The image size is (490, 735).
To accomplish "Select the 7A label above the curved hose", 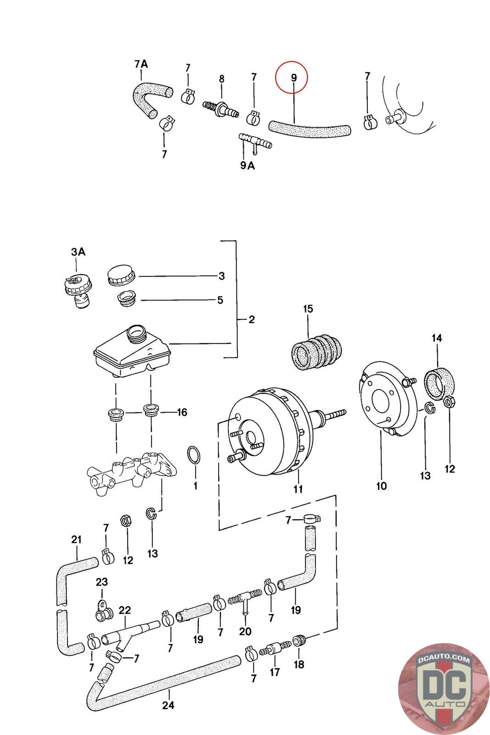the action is pyautogui.click(x=141, y=64).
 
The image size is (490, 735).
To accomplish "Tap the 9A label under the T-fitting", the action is pyautogui.click(x=248, y=165).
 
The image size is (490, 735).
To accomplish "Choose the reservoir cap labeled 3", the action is pyautogui.click(x=121, y=276).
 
